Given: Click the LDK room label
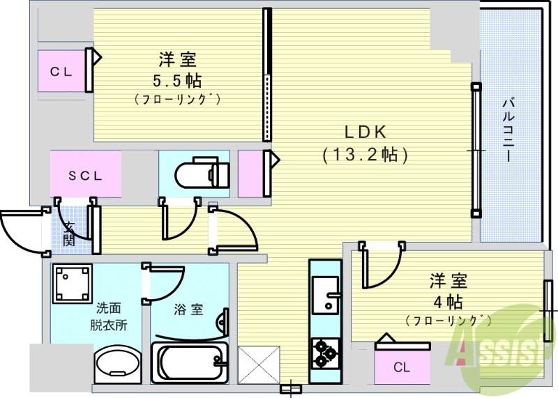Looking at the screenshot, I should coord(364,132).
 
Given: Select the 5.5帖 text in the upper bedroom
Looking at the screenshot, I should coord(176,80).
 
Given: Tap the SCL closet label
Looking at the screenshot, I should coord(85,176).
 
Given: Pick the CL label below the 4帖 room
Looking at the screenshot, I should coord(401,367).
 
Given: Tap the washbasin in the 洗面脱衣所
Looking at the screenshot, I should coord(117,363).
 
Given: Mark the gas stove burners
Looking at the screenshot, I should coord(324,352).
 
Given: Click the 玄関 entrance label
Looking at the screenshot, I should coord(69,234).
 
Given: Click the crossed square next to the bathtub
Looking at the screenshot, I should coord(259,364).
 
